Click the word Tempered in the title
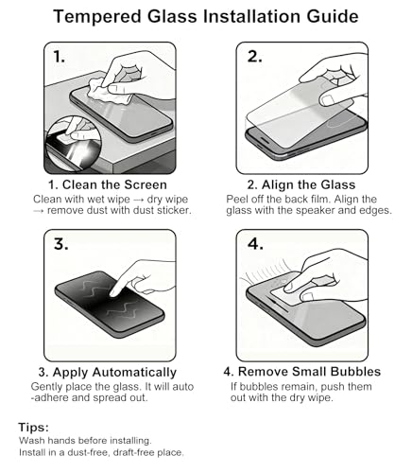(x=97, y=17)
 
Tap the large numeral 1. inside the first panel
(x=59, y=57)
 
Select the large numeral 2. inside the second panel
(x=254, y=57)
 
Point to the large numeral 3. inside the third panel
(x=60, y=244)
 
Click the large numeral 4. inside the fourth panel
(x=255, y=244)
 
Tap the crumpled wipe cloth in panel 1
(x=107, y=92)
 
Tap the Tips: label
(x=34, y=428)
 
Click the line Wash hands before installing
(x=85, y=441)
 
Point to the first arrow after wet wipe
(x=139, y=200)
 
